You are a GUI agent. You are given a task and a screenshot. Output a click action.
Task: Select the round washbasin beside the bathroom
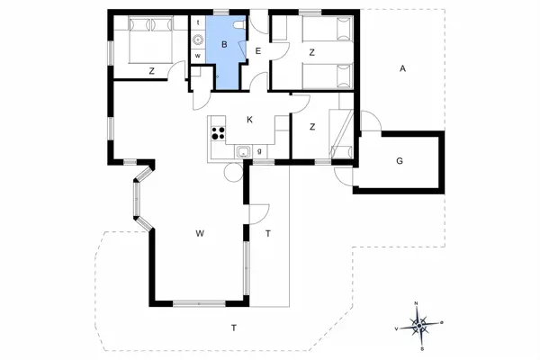(197, 39)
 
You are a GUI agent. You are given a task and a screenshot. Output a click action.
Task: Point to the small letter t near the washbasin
(197, 22)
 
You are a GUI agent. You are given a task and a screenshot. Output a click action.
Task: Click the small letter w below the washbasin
(197, 56)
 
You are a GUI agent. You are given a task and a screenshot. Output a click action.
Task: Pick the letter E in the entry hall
(257, 52)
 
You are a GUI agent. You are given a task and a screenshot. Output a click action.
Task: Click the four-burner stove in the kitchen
(218, 134)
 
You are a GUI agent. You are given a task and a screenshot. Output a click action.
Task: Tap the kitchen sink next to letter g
(242, 153)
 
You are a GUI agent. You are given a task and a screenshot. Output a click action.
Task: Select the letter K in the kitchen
(249, 121)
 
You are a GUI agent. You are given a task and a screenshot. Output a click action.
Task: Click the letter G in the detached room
(398, 161)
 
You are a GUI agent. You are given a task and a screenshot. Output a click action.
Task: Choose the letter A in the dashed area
(402, 68)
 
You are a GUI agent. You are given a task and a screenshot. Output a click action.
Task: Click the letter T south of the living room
(233, 327)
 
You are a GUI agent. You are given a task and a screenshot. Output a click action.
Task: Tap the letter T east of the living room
(268, 234)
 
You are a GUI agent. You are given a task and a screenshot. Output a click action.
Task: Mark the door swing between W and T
(258, 212)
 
